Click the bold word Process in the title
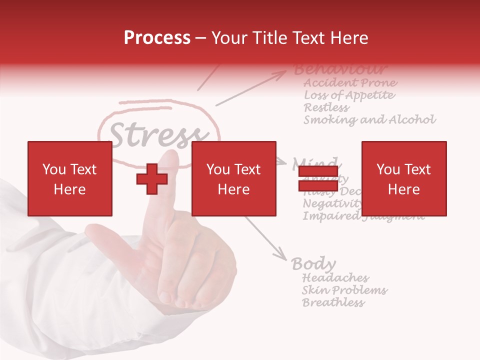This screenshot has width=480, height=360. click(157, 37)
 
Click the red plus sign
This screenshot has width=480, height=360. click(152, 179)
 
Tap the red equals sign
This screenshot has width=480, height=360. click(318, 179)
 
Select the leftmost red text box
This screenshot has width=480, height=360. click(69, 178)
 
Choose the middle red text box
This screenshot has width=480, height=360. click(233, 178)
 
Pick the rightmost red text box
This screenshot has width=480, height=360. click(403, 178)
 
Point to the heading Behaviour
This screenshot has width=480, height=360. click(340, 69)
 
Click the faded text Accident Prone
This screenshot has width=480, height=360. click(350, 82)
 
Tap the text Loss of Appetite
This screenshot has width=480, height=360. click(349, 95)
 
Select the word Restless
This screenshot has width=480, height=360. click(326, 107)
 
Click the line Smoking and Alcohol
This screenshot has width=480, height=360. click(369, 120)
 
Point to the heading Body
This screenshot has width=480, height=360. click(313, 263)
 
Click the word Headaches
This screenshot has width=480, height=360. click(335, 277)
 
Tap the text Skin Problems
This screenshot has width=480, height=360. click(344, 290)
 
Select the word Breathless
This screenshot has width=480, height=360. click(333, 302)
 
